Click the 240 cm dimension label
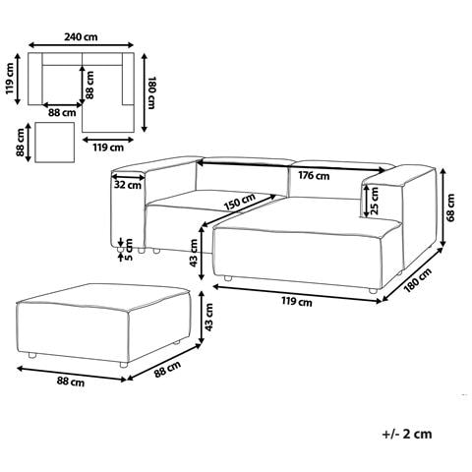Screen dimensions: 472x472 point(81,36)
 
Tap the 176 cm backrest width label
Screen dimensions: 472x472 point(314,176)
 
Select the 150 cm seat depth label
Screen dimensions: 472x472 point(240,202)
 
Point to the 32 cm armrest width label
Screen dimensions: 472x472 point(128,185)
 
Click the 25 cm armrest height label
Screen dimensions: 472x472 point(374,201)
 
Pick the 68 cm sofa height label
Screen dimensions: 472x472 point(451,207)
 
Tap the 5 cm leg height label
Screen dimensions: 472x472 point(129,250)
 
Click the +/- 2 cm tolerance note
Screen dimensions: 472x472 point(407,434)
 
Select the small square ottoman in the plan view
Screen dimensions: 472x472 point(54,143)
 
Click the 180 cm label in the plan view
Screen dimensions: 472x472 point(151,93)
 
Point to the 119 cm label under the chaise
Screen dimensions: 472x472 point(297,301)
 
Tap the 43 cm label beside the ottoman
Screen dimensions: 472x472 point(209,317)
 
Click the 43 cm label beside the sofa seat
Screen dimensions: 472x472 point(194,253)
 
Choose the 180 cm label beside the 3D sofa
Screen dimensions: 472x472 point(418,280)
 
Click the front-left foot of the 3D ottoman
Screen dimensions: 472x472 point(31,355)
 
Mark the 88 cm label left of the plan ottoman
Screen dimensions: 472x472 point(21,143)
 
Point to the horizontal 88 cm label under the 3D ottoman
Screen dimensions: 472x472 point(71,382)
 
